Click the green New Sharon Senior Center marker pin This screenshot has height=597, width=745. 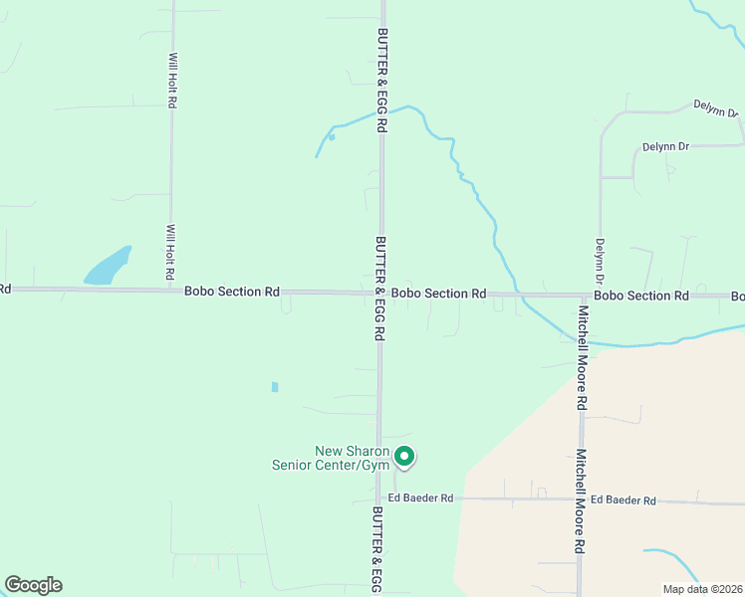404,456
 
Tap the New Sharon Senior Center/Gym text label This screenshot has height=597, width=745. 339,458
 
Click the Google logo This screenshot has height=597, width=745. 33,585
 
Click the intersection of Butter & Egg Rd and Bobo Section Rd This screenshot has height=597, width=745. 380,293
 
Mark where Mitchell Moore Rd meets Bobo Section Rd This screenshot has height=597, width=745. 582,296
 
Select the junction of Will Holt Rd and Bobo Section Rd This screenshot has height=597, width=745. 171,290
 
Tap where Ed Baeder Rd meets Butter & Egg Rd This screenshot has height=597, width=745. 379,497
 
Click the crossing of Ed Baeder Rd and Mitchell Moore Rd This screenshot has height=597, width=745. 582,499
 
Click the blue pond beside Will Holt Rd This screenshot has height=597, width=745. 108,267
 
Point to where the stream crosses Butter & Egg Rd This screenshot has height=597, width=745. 381,112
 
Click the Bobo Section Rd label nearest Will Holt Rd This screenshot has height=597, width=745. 232,292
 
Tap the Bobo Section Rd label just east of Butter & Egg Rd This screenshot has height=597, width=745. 438,294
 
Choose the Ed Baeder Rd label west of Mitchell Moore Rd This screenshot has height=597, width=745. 420,497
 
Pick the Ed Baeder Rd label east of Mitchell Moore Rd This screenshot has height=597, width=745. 623,500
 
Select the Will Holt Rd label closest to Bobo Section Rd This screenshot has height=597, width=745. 171,251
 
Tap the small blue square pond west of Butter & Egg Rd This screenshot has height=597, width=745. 275,386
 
